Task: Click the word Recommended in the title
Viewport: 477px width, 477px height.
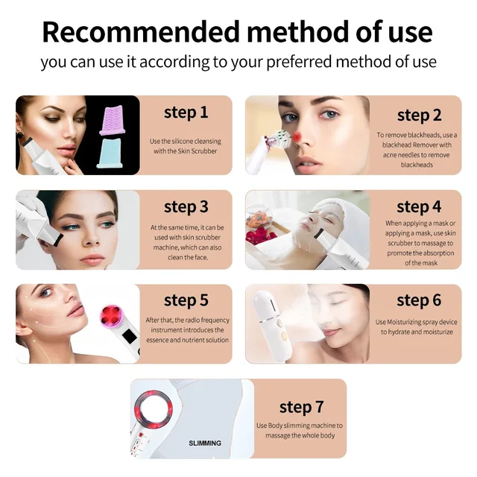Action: pyautogui.click(x=141, y=32)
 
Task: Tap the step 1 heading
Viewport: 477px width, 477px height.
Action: pyautogui.click(x=186, y=113)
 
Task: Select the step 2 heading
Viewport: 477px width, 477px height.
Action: pyautogui.click(x=419, y=116)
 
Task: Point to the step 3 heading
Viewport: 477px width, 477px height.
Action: pyautogui.click(x=186, y=207)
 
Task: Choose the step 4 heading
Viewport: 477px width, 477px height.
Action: pyautogui.click(x=419, y=207)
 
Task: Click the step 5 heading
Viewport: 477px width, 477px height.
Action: pyautogui.click(x=186, y=300)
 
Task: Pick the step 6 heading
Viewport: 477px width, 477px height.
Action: pyautogui.click(x=419, y=300)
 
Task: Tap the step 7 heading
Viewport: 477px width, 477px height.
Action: pyautogui.click(x=301, y=408)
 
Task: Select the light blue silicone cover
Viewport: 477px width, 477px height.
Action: pyautogui.click(x=110, y=153)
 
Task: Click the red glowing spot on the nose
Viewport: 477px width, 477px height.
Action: pyautogui.click(x=297, y=137)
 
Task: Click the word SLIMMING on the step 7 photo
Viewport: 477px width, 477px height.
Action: pyautogui.click(x=205, y=443)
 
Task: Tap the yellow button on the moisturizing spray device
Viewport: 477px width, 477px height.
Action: pyautogui.click(x=284, y=336)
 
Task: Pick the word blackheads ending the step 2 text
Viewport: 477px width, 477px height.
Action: pyautogui.click(x=417, y=165)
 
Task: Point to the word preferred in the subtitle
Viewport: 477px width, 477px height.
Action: pyautogui.click(x=300, y=63)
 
